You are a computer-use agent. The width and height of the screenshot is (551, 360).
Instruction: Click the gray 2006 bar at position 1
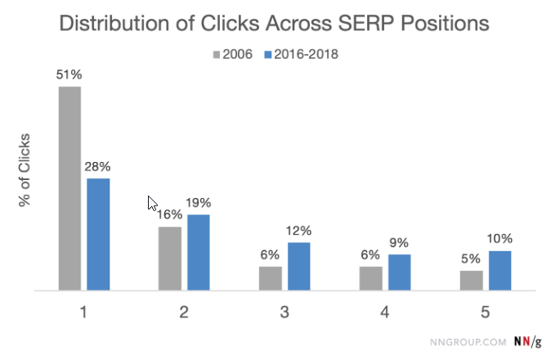(x=69, y=188)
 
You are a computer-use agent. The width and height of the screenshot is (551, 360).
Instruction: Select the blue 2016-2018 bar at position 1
(x=98, y=234)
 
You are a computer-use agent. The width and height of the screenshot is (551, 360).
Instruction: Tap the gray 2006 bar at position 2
(x=170, y=259)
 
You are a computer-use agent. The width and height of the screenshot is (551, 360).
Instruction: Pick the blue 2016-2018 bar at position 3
(x=298, y=266)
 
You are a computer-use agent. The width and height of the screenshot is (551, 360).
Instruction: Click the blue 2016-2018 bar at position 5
(x=499, y=270)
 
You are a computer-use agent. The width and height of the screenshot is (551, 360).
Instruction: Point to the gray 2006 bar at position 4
(x=370, y=278)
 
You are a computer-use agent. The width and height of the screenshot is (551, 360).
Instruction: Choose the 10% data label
(x=499, y=240)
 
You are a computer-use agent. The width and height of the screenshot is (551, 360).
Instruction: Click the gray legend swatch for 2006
(x=217, y=55)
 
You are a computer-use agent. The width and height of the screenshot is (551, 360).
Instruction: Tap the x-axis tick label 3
(x=284, y=312)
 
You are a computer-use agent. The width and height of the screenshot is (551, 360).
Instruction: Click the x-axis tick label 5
(x=485, y=312)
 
